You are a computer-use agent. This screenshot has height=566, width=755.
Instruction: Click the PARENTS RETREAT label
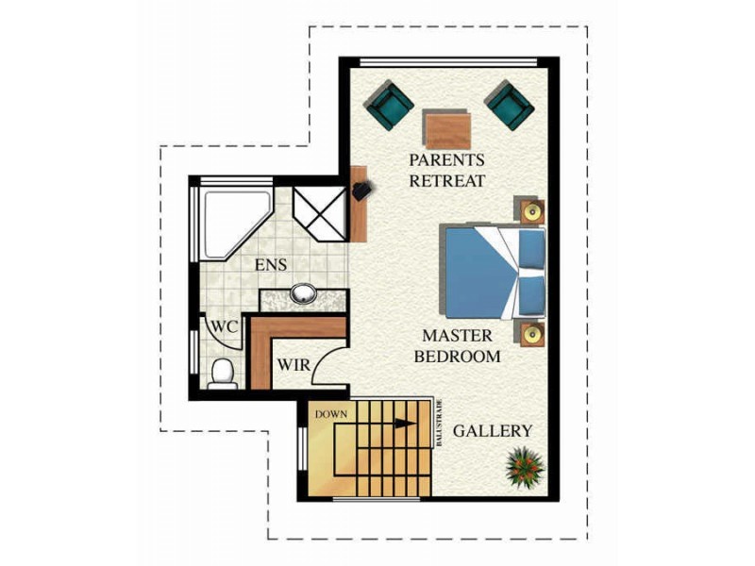446,171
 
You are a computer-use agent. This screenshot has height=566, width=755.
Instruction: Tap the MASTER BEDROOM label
458,346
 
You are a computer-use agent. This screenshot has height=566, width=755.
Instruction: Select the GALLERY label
493,431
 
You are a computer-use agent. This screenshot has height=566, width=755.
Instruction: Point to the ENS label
271,265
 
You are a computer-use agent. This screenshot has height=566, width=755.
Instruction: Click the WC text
226,326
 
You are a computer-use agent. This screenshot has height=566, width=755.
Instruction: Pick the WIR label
294,365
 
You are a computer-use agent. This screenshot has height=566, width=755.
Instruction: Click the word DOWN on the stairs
331,414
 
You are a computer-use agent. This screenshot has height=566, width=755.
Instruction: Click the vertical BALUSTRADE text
439,423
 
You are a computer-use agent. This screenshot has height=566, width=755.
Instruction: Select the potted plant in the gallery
525,467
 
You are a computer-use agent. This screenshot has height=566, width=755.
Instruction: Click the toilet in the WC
223,374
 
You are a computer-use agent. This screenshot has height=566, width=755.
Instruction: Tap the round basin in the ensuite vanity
303,293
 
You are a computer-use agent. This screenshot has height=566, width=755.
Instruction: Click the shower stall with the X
320,214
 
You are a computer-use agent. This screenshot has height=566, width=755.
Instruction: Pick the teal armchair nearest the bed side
510,106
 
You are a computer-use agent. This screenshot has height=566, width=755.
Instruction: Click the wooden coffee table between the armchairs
446,129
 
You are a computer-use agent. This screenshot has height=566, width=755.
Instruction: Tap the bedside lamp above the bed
532,211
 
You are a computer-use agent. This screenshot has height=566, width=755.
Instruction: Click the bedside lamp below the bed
532,334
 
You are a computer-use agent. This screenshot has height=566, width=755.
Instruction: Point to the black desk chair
362,191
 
